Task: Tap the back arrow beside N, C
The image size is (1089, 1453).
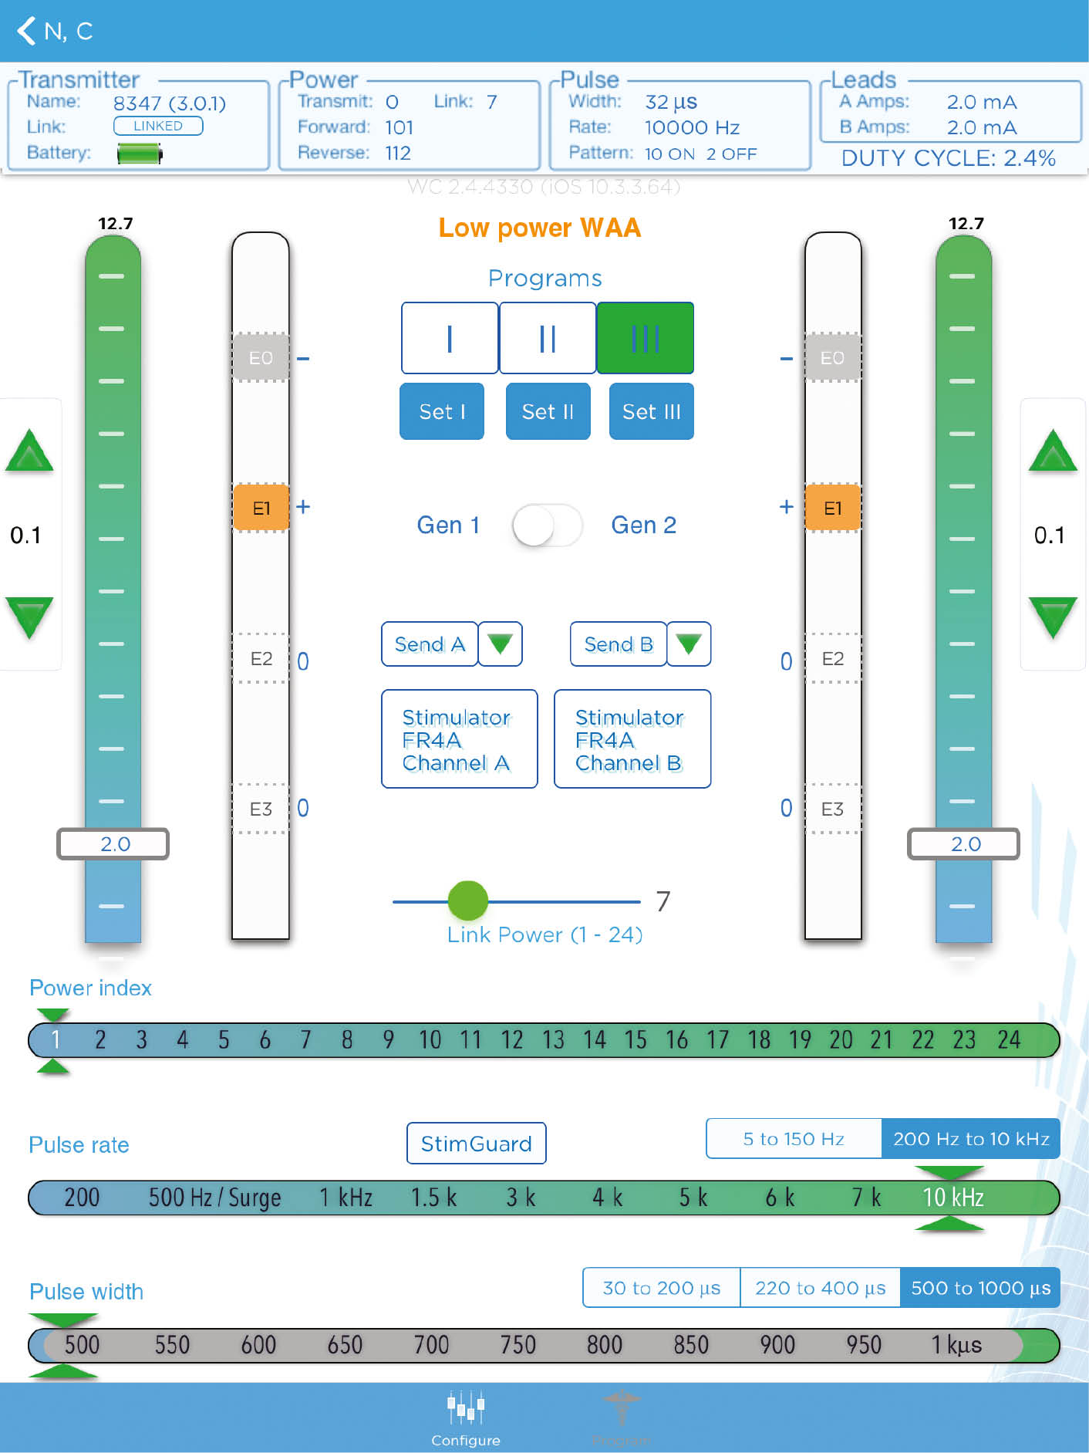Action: click(27, 31)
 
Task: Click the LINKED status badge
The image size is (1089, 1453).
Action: click(158, 126)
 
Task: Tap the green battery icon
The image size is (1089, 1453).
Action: click(140, 154)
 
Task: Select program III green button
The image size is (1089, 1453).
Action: click(645, 338)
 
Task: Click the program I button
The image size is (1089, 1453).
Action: click(450, 338)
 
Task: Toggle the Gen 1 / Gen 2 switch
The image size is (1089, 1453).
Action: click(547, 525)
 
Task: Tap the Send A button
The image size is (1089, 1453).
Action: click(430, 644)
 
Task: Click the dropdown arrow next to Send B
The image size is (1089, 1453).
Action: click(688, 644)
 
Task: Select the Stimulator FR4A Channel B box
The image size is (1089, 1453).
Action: click(632, 739)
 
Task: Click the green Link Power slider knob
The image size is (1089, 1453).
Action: click(467, 901)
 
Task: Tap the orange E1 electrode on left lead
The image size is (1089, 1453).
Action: click(261, 508)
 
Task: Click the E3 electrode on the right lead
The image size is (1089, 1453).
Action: click(832, 809)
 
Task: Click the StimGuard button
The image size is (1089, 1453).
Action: click(476, 1144)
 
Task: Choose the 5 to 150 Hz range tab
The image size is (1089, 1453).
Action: click(794, 1139)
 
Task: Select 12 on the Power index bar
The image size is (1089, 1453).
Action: click(512, 1040)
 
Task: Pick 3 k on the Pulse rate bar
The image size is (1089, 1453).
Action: click(521, 1198)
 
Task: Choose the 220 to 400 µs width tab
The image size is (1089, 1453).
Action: click(820, 1288)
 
